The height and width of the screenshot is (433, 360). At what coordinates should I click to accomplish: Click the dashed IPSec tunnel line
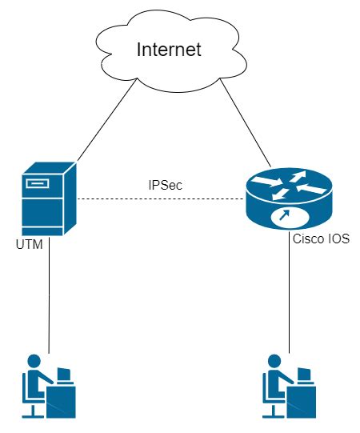[x=160, y=198]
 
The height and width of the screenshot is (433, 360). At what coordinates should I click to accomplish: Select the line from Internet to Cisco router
[x=244, y=120]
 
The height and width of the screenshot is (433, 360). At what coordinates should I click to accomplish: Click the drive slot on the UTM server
[x=36, y=184]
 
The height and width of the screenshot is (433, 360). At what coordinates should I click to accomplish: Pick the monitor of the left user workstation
[x=63, y=374]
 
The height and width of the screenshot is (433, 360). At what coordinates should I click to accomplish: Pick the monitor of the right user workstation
[x=303, y=374]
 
